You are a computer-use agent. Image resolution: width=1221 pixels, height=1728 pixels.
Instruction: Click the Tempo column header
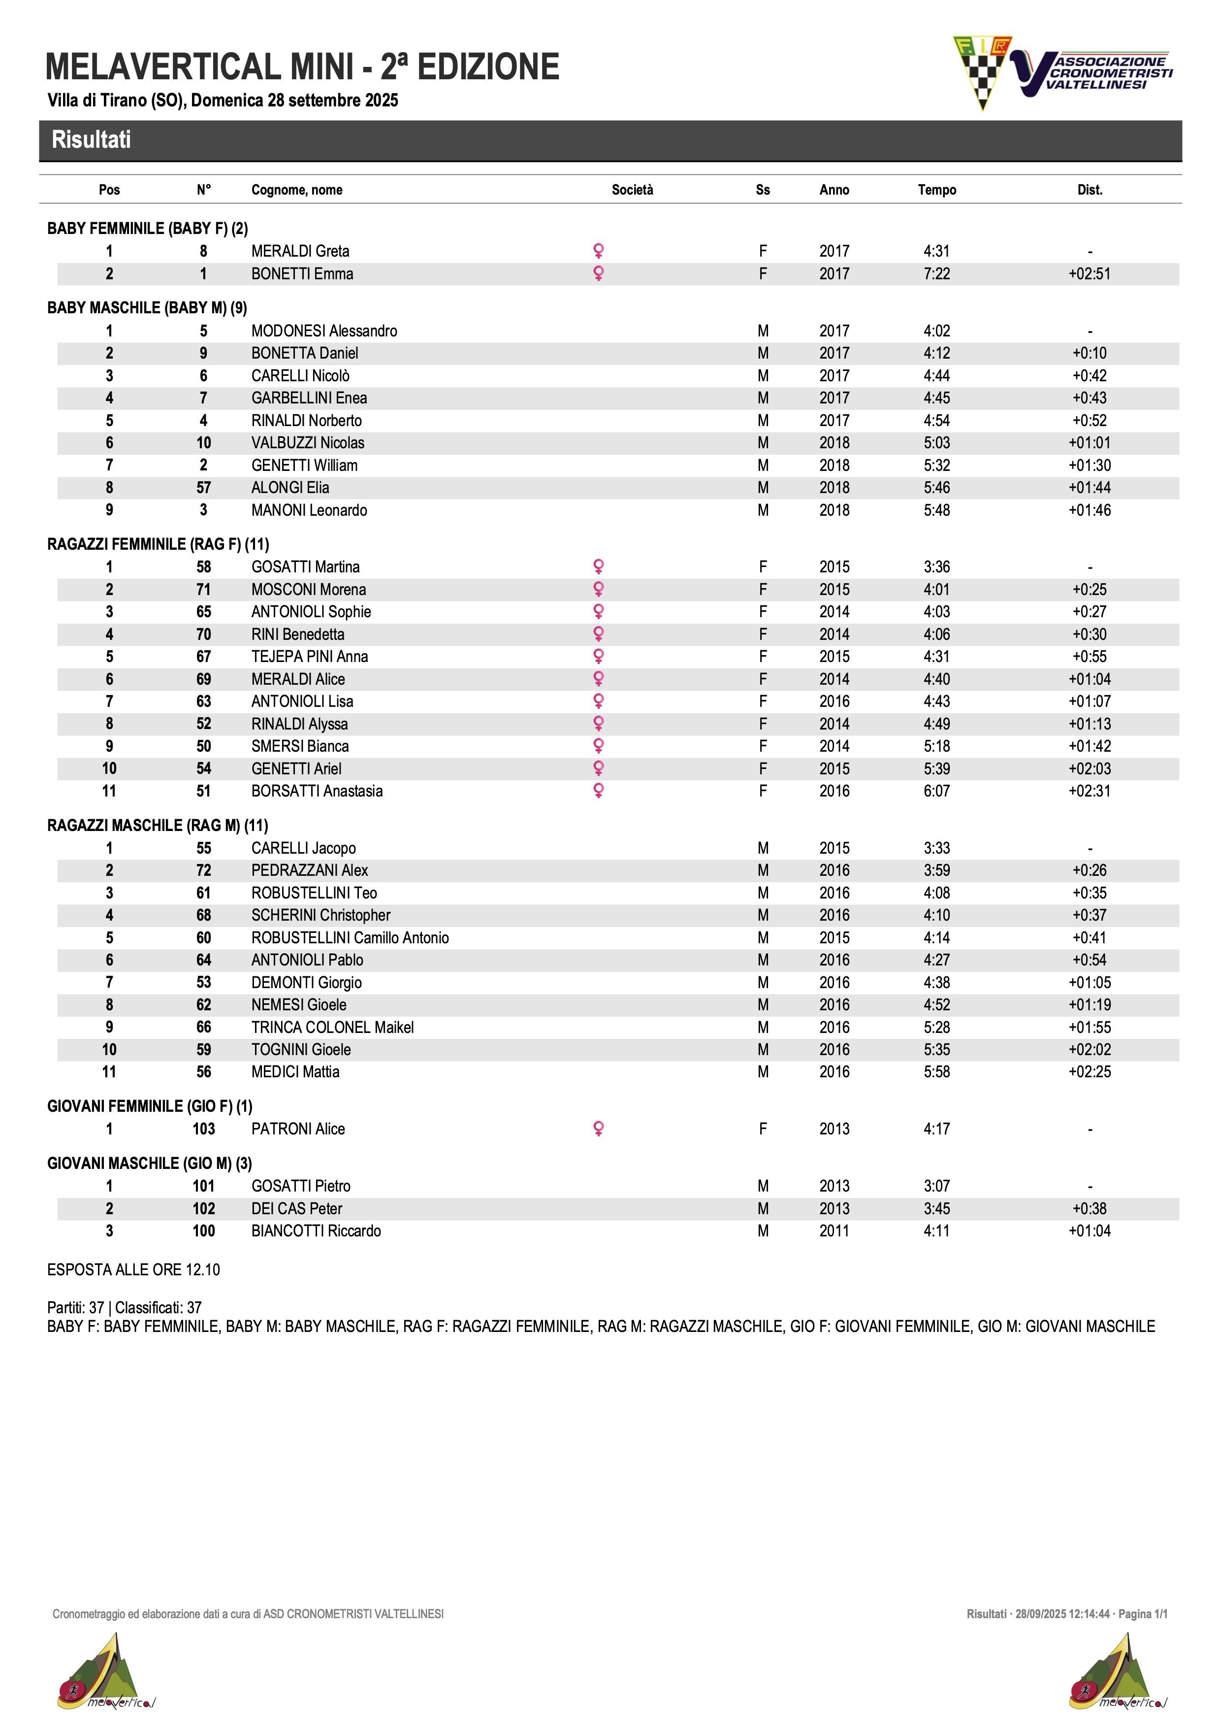point(936,190)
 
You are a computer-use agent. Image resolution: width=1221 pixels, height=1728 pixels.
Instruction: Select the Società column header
point(632,190)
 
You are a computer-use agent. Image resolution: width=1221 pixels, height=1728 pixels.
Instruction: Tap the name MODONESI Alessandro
point(324,331)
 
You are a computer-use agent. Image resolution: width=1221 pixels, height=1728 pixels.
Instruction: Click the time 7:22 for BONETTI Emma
point(936,274)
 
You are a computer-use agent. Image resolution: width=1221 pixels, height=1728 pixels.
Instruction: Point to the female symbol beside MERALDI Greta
point(599,251)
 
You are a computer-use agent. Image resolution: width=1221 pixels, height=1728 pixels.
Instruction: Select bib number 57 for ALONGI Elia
point(203,488)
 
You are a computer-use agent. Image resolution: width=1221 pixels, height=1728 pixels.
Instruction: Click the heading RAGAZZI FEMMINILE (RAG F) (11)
point(158,544)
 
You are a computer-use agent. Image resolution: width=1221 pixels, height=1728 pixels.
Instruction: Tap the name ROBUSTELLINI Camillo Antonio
point(350,938)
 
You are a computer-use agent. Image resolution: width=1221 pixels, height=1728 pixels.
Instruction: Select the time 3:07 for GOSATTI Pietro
point(936,1186)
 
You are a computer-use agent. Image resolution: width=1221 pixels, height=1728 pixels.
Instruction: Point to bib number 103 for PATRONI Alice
point(203,1129)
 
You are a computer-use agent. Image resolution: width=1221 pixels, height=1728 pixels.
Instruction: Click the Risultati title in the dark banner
point(91,140)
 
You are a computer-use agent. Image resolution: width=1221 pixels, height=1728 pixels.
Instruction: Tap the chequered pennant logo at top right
point(981,71)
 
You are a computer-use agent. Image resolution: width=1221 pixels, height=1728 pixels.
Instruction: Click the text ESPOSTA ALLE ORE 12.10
point(133,1270)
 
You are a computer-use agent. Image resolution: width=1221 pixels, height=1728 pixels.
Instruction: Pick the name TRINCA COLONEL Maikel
point(332,1028)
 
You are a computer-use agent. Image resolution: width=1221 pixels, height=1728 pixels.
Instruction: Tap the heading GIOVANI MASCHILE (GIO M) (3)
point(150,1163)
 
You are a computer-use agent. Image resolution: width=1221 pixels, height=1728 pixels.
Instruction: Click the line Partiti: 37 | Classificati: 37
point(124,1308)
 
